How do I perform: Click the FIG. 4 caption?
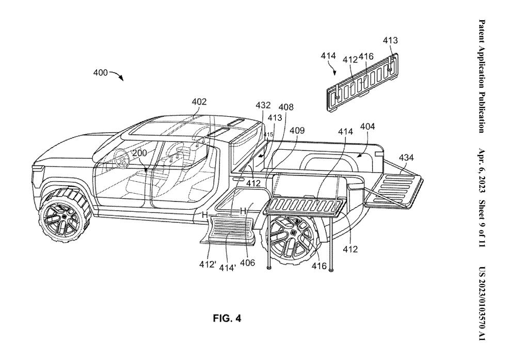pyautogui.click(x=227, y=318)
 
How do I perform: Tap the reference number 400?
pyautogui.click(x=101, y=72)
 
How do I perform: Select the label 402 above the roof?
pyautogui.click(x=199, y=102)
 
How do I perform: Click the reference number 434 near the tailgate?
pyautogui.click(x=406, y=158)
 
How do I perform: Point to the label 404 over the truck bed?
pyautogui.click(x=367, y=127)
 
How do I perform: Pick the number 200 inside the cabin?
pyautogui.click(x=139, y=153)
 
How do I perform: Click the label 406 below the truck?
pyautogui.click(x=248, y=262)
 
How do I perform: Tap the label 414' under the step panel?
pyautogui.click(x=227, y=268)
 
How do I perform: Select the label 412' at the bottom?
pyautogui.click(x=208, y=264)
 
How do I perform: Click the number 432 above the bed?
pyautogui.click(x=263, y=105)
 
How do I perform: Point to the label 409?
pyautogui.click(x=297, y=131)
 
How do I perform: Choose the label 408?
pyautogui.click(x=286, y=107)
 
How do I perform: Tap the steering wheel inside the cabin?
pyautogui.click(x=123, y=158)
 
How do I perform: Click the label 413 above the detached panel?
pyautogui.click(x=390, y=40)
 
